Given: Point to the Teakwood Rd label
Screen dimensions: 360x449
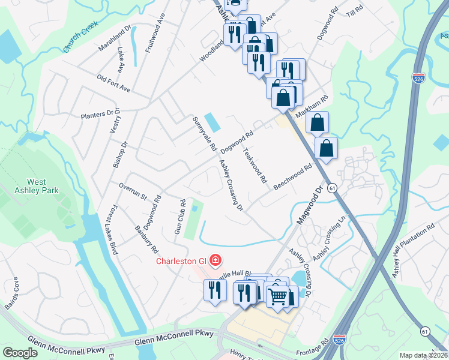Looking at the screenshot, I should click(x=255, y=165).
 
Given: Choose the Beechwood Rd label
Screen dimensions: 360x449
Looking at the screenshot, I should click(x=294, y=176).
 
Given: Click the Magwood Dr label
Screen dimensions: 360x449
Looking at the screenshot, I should click(x=309, y=205).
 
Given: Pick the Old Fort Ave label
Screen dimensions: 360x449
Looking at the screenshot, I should click(x=113, y=83).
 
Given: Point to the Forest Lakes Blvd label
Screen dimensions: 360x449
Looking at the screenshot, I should click(x=111, y=231).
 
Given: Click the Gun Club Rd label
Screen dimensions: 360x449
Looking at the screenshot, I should click(x=179, y=221).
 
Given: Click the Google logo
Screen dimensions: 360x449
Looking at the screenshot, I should click(x=20, y=353).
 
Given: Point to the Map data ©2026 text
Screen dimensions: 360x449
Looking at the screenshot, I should click(x=423, y=355).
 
